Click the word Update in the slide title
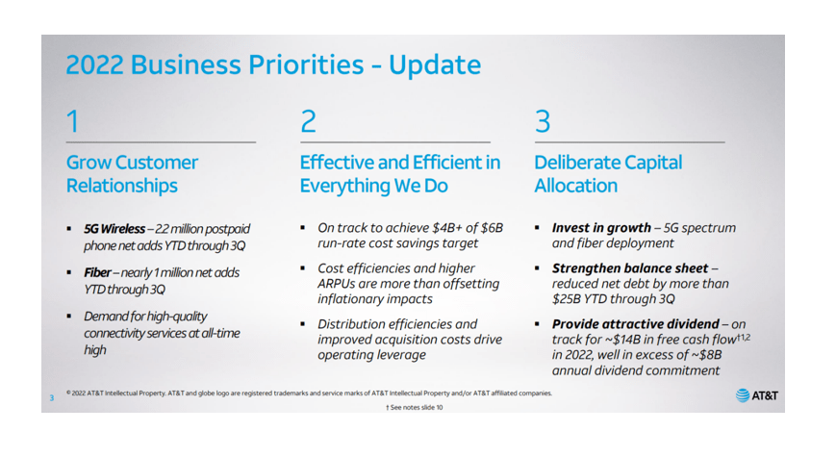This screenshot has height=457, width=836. click(x=435, y=65)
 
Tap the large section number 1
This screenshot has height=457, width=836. click(x=73, y=121)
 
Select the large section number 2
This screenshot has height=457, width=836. click(x=308, y=121)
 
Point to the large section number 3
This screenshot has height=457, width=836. click(x=543, y=121)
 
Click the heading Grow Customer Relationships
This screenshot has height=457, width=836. click(x=132, y=174)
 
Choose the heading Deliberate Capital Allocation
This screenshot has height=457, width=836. click(x=608, y=174)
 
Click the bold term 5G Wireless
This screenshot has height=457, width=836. click(x=114, y=229)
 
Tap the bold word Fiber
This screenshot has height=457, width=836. click(x=97, y=272)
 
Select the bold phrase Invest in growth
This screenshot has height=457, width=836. click(x=601, y=228)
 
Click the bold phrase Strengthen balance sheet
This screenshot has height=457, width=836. click(x=630, y=267)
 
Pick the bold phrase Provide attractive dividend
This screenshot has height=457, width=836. click(x=636, y=323)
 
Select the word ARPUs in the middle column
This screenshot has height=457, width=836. click(x=337, y=283)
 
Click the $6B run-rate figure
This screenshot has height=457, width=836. click(x=492, y=228)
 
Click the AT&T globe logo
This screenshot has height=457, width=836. click(x=742, y=395)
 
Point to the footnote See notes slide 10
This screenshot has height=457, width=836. click(x=415, y=407)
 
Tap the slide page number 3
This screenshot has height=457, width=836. click(x=52, y=397)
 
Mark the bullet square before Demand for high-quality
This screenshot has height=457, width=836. click(x=68, y=317)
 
